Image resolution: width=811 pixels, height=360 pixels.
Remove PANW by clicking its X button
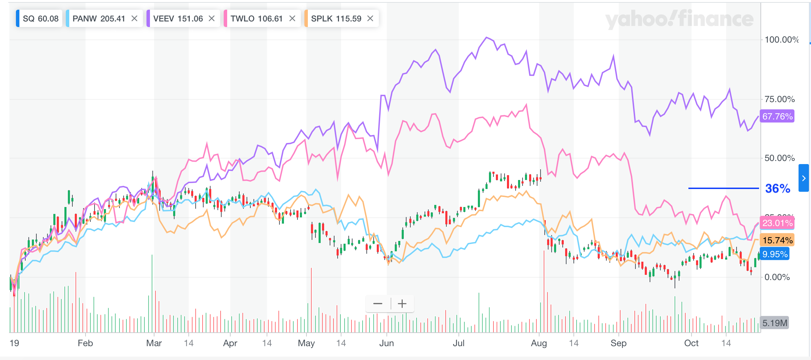pyautogui.click(x=134, y=19)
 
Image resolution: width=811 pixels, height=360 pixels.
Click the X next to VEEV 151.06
pyautogui.click(x=212, y=19)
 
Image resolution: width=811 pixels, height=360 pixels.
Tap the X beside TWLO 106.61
pyautogui.click(x=292, y=19)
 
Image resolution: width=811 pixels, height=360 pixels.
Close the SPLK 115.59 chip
pyautogui.click(x=370, y=19)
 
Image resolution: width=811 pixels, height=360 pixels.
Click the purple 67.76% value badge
pyautogui.click(x=777, y=116)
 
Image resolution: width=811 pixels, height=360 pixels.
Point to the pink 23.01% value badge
pyautogui.click(x=777, y=223)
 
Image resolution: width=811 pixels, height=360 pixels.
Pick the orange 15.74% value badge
pyautogui.click(x=777, y=240)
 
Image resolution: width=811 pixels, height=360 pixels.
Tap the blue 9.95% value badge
pyautogui.click(x=775, y=254)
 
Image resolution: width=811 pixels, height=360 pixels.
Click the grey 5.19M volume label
pyautogui.click(x=775, y=323)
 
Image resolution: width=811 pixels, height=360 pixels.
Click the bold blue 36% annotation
pyautogui.click(x=777, y=189)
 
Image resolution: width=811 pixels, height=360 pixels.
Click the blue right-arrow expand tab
pyautogui.click(x=804, y=178)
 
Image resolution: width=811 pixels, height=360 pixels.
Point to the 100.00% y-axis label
pyautogui.click(x=781, y=40)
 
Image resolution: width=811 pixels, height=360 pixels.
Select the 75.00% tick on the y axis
pyautogui.click(x=779, y=99)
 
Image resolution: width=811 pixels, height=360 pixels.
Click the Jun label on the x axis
pyautogui.click(x=386, y=343)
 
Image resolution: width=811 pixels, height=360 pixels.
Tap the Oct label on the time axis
pyautogui.click(x=691, y=343)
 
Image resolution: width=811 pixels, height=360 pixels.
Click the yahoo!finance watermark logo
pyautogui.click(x=679, y=19)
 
